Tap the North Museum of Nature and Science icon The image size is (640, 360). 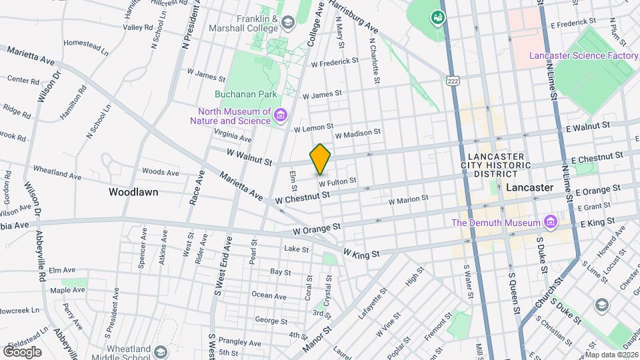tap(281, 117)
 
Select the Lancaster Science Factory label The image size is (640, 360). tap(583, 55)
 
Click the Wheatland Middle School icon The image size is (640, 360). tap(160, 351)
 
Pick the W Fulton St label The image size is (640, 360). tap(337, 181)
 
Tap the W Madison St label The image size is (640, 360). tap(357, 134)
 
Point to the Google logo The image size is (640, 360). tap(22, 351)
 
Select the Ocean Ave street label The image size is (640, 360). tap(269, 295)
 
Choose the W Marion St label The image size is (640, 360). tap(408, 199)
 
